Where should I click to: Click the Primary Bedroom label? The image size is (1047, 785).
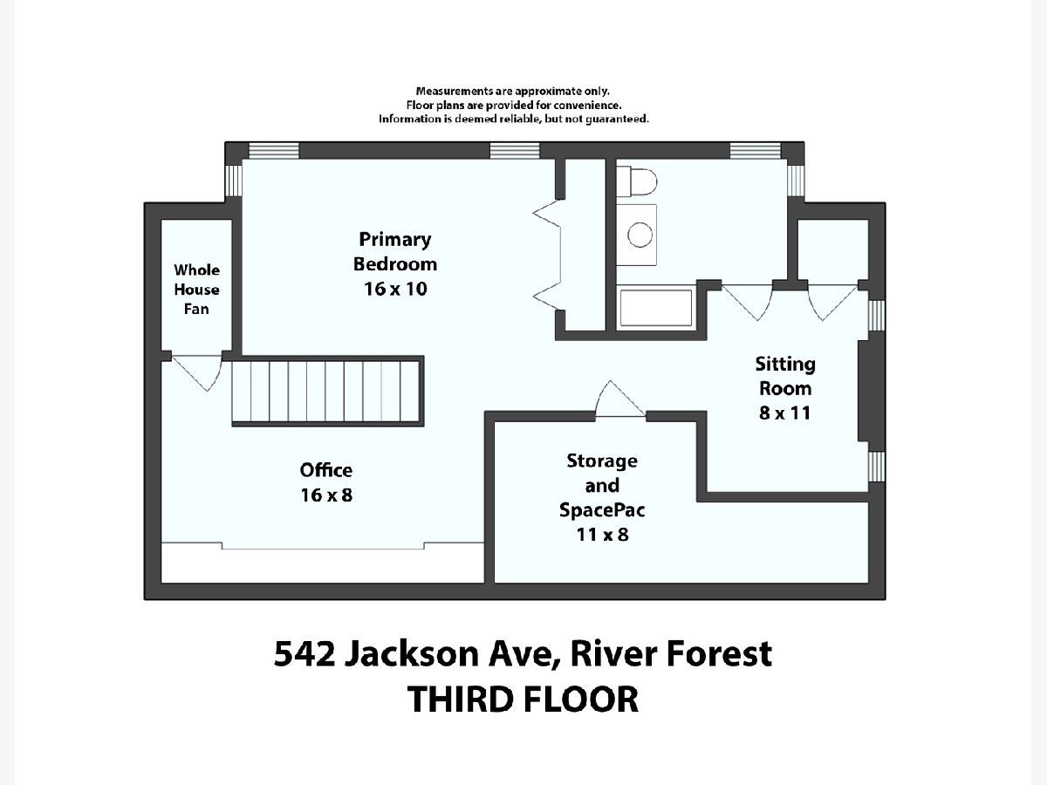pyautogui.click(x=395, y=251)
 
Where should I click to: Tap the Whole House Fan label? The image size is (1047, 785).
pyautogui.click(x=196, y=290)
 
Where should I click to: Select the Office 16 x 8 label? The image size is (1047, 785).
pyautogui.click(x=326, y=482)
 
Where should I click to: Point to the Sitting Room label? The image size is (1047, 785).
pyautogui.click(x=785, y=376)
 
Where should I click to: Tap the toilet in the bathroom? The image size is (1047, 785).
pyautogui.click(x=636, y=181)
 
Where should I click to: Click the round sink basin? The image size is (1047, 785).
pyautogui.click(x=640, y=235)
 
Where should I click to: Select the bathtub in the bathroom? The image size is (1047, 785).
pyautogui.click(x=656, y=308)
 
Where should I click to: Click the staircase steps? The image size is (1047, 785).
pyautogui.click(x=325, y=391)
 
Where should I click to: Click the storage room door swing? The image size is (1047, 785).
pyautogui.click(x=620, y=399)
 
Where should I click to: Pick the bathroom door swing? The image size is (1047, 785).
pyautogui.click(x=747, y=302)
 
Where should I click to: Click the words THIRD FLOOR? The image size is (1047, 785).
pyautogui.click(x=523, y=700)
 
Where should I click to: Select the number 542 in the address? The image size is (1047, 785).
pyautogui.click(x=305, y=653)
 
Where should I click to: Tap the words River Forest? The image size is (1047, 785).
pyautogui.click(x=671, y=653)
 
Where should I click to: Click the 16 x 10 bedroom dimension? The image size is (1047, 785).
pyautogui.click(x=395, y=289)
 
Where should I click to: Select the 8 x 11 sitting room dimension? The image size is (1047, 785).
pyautogui.click(x=785, y=413)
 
